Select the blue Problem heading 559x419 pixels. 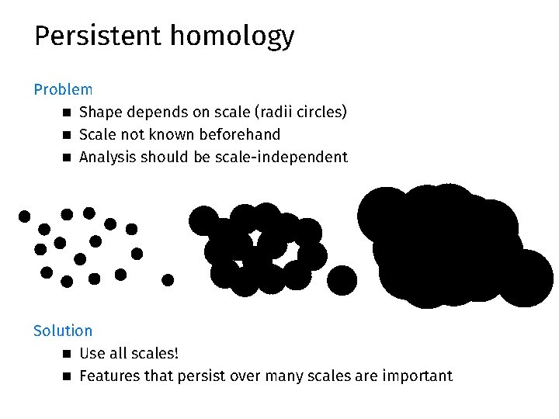pos(63,90)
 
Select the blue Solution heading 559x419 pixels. pos(63,331)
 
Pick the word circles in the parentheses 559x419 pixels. pos(320,113)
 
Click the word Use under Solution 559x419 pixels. pos(92,354)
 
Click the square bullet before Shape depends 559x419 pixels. pos(67,113)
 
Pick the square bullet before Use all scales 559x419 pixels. pos(67,355)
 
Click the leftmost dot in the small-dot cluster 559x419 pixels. pos(25,216)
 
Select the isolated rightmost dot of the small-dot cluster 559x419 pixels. pos(168,279)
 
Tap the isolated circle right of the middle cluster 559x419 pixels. pos(342,280)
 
